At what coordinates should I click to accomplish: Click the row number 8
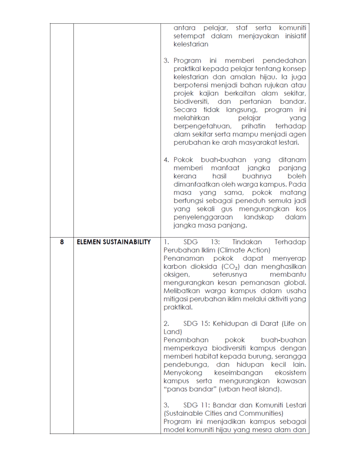coord(62,242)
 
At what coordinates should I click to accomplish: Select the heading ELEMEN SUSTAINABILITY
coord(114,242)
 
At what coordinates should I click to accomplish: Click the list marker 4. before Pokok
coord(167,160)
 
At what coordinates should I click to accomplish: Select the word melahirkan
coord(191,118)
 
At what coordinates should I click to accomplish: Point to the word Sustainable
coord(184,413)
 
